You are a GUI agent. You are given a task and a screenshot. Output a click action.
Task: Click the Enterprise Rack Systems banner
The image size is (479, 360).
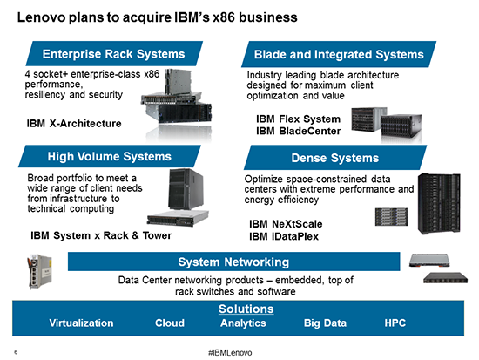click(114, 53)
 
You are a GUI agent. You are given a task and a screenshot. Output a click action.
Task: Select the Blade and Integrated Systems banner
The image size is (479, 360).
click(339, 54)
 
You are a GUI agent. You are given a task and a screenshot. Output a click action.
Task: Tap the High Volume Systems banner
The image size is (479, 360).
click(110, 156)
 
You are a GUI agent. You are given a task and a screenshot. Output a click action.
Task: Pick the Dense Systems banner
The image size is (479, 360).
click(335, 158)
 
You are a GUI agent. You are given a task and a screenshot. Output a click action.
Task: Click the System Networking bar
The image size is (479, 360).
click(233, 262)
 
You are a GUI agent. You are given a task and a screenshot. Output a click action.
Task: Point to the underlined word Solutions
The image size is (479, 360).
click(246, 309)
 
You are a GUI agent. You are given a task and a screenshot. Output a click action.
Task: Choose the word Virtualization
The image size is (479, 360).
click(81, 323)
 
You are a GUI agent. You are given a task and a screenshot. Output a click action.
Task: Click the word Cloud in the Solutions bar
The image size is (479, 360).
click(170, 323)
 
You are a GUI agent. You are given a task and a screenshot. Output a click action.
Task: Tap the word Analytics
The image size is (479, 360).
click(243, 323)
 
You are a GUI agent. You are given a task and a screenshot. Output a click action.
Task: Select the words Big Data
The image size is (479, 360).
click(325, 323)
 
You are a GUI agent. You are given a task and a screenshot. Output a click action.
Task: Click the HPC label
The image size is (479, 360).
click(395, 323)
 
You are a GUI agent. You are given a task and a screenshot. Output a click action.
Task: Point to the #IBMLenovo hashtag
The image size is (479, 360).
click(230, 353)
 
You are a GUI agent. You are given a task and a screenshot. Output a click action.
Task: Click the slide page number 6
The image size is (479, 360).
click(16, 352)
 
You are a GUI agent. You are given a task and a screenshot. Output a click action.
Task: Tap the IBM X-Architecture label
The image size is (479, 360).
click(74, 123)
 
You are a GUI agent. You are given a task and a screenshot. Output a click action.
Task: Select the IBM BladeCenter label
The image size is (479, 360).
click(298, 131)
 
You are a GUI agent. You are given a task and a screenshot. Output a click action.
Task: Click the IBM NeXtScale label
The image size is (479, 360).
click(286, 224)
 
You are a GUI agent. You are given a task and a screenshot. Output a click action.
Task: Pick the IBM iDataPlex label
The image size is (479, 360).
click(284, 236)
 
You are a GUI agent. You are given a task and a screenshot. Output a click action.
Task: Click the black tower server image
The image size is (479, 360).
click(186, 189)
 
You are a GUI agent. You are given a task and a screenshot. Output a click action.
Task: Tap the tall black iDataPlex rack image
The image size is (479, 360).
click(439, 204)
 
